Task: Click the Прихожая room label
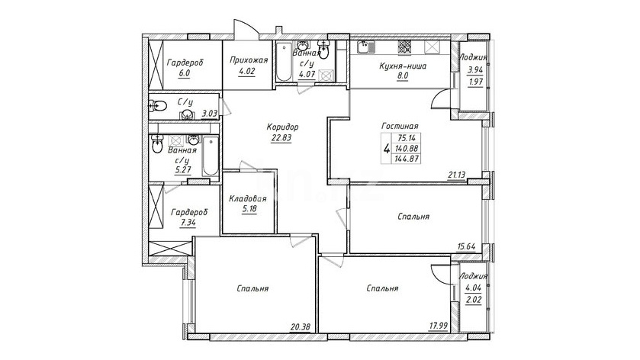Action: tap(249, 60)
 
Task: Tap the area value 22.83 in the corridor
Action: tap(281, 137)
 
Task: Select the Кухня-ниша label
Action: tap(403, 66)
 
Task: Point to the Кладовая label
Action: tap(248, 199)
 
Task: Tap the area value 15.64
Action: tap(466, 246)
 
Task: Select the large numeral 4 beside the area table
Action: tap(386, 148)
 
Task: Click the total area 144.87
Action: tap(406, 159)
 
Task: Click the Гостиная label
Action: tap(400, 127)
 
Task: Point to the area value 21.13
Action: tap(457, 175)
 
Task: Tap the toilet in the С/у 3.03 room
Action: tap(158, 107)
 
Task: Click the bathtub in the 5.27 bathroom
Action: tap(211, 157)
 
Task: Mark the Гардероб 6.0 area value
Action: tap(185, 73)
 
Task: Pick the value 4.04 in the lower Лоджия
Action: tap(474, 288)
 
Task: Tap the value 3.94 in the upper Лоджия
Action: tap(475, 70)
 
